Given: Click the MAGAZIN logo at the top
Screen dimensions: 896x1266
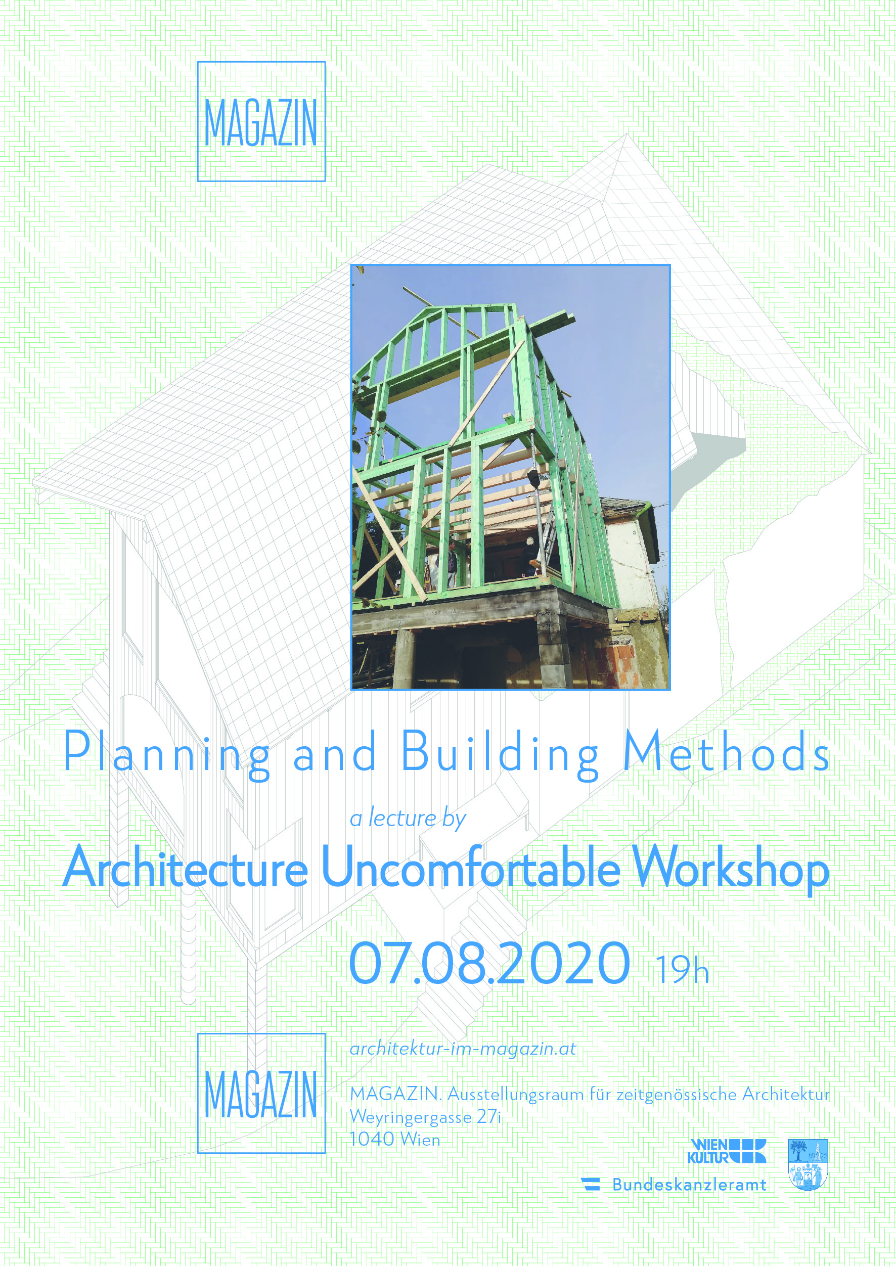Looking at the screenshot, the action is coord(261,121).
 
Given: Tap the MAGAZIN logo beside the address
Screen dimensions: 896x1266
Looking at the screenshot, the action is coord(261,1093).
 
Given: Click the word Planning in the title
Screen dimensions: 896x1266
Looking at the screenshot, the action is coord(167,754).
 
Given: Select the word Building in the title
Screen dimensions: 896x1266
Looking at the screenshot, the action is coord(500,754).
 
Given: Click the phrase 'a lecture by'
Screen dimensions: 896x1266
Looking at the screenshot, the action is coord(408,819).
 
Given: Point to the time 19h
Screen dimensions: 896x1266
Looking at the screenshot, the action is coord(682,970).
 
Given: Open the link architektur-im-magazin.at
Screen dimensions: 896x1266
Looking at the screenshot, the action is coord(463,1049).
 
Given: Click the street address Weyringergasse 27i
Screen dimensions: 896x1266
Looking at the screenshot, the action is coord(425,1117).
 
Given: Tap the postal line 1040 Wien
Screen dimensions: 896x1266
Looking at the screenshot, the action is coord(395,1139).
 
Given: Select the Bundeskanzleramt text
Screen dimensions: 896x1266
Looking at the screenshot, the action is coord(689,1185).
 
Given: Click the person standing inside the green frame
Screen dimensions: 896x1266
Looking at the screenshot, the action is coord(452,563).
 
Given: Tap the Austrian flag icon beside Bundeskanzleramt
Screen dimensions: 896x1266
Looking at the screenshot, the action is coord(591,1184).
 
